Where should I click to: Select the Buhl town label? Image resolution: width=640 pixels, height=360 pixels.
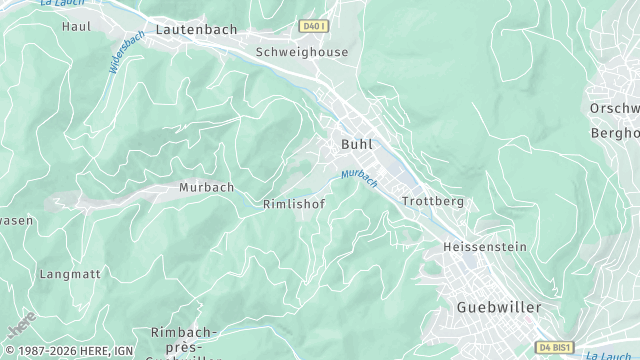point(357,144)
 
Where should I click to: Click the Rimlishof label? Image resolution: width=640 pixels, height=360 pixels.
point(293,203)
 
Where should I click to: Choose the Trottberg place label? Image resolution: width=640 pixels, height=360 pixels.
point(433,201)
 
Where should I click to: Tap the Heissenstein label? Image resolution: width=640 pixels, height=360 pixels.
point(484,245)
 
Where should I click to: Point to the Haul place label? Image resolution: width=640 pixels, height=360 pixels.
point(76,25)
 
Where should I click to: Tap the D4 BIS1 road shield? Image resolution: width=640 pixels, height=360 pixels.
point(555,346)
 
